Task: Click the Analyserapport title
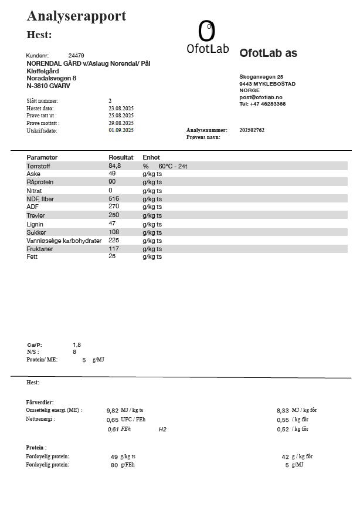pyautogui.click(x=76, y=16)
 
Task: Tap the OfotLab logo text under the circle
pyautogui.click(x=208, y=49)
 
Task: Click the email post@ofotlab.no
pyautogui.click(x=261, y=97)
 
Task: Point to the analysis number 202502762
pyautogui.click(x=252, y=130)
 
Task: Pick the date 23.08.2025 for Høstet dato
pyautogui.click(x=121, y=109)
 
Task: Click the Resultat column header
pyautogui.click(x=121, y=157)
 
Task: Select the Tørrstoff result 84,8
pyautogui.click(x=114, y=166)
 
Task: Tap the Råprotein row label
pyautogui.click(x=40, y=182)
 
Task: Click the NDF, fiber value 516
pyautogui.click(x=114, y=199)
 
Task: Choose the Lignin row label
pyautogui.click(x=35, y=224)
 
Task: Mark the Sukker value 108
pyautogui.click(x=114, y=232)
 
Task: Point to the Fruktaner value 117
pyautogui.click(x=114, y=249)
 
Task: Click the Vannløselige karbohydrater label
pyautogui.click(x=64, y=241)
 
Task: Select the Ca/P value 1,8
pyautogui.click(x=77, y=344)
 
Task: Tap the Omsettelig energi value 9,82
pyautogui.click(x=113, y=410)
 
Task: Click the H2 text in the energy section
pyautogui.click(x=162, y=430)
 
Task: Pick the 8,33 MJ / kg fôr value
pyautogui.click(x=282, y=410)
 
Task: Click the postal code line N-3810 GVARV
pyautogui.click(x=49, y=86)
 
